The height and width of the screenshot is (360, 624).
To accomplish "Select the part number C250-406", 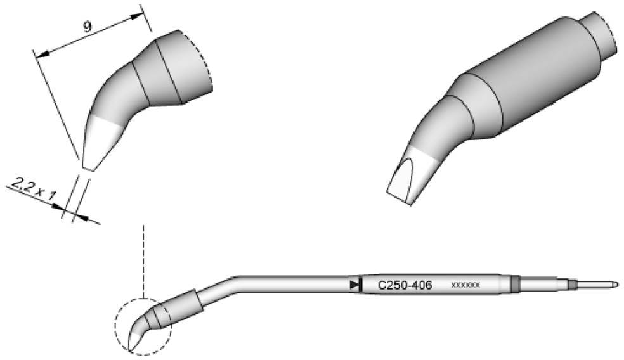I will pos(405,286).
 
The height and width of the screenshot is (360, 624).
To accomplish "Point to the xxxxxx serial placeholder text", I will pos(465,286).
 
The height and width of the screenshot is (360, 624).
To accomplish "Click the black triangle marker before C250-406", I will pos(354,285).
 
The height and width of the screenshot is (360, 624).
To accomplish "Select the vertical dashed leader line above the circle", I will pos(145,260).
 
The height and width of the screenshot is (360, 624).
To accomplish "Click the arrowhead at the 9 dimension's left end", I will pos(41,56).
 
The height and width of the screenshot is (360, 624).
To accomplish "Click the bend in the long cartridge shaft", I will pos(235,278).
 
